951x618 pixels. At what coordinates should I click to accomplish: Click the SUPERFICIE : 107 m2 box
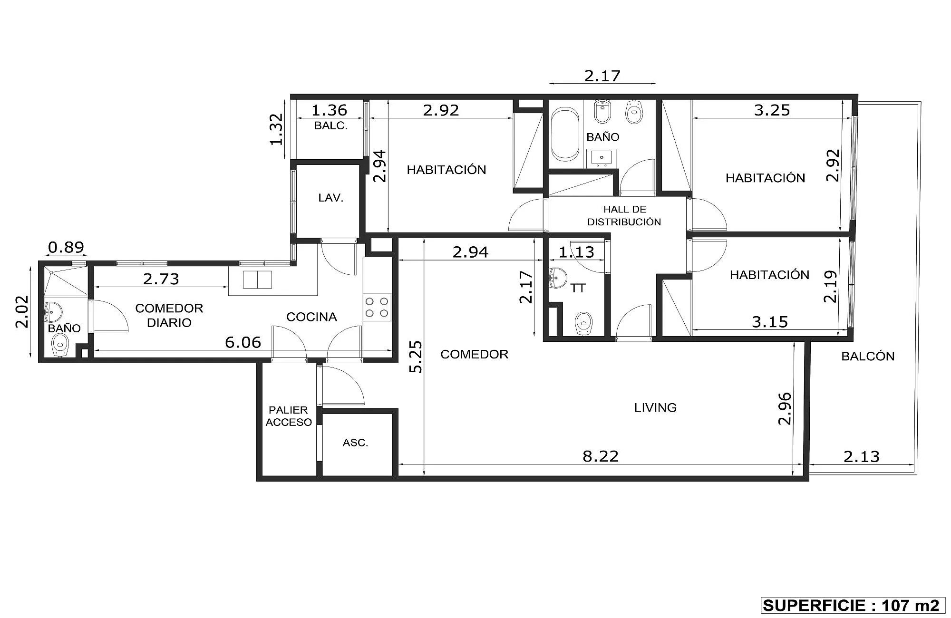click(851, 605)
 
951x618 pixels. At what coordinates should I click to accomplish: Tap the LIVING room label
click(655, 407)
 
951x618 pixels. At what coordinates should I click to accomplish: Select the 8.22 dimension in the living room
click(601, 456)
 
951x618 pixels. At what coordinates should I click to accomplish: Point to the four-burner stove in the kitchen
click(377, 307)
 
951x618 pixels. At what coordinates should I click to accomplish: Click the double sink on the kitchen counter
click(257, 280)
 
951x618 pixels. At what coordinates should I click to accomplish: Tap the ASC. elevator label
click(355, 443)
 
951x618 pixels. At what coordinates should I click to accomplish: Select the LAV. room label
click(331, 198)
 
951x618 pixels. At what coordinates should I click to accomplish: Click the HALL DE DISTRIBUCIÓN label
click(624, 215)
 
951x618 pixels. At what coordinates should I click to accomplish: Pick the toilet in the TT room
click(583, 324)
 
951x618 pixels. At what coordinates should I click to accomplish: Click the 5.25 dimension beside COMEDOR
click(416, 357)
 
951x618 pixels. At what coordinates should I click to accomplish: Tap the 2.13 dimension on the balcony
click(862, 457)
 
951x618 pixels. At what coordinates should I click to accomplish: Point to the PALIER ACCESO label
click(289, 416)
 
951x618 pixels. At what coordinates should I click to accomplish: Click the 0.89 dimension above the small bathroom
click(66, 247)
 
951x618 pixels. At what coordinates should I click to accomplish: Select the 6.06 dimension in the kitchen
click(243, 342)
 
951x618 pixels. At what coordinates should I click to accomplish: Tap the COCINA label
click(311, 317)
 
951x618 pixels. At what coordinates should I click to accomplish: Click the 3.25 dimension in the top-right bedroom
click(772, 110)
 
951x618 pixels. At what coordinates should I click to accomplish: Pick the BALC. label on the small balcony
click(331, 126)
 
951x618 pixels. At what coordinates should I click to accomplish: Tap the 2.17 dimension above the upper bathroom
click(602, 76)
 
